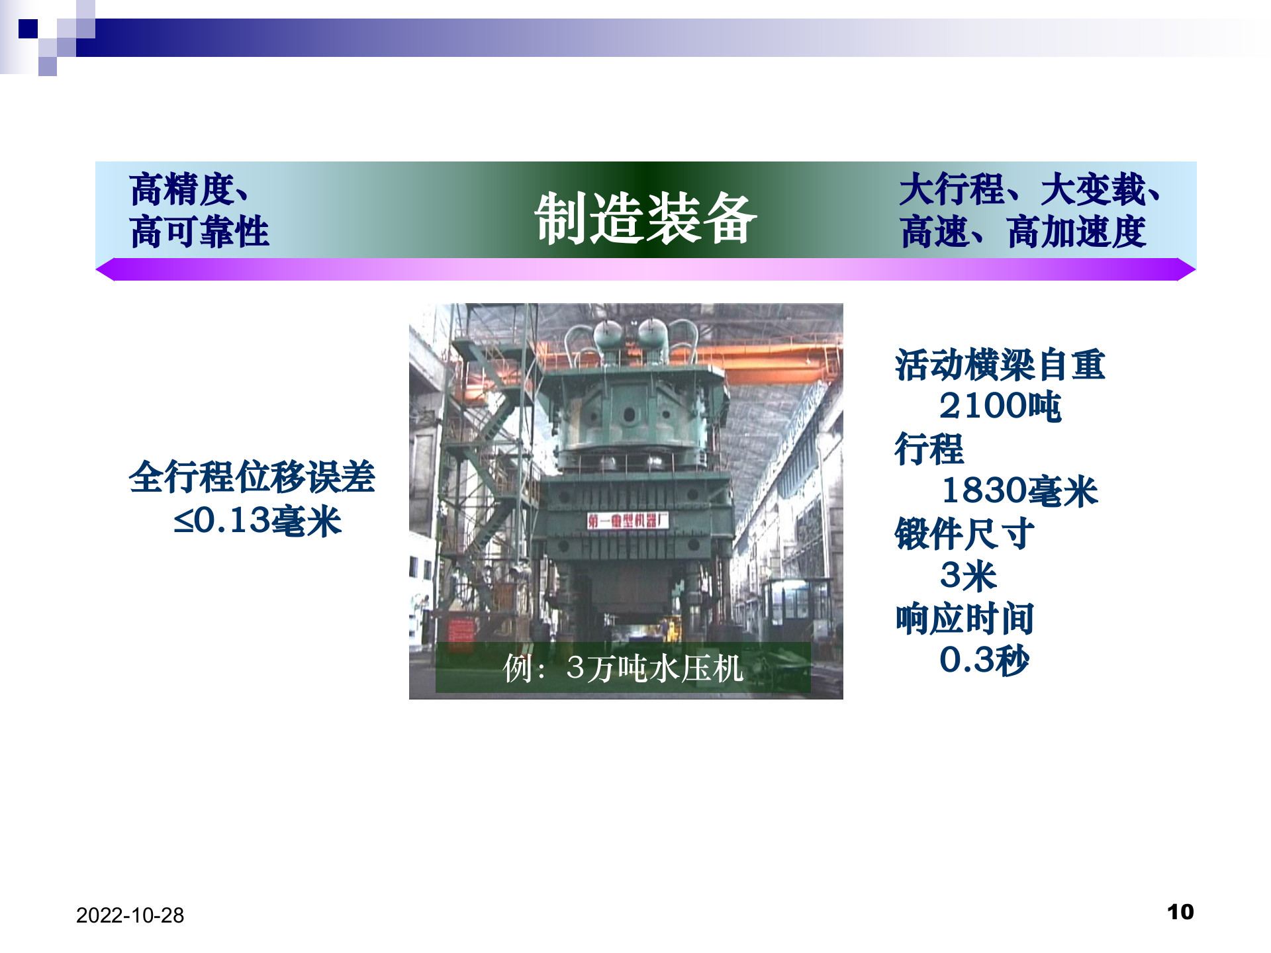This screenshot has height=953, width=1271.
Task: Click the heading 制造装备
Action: point(645,218)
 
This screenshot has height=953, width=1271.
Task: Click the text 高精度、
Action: point(189,189)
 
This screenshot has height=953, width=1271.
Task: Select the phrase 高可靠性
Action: point(199,232)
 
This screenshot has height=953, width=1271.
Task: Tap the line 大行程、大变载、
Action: point(1029,189)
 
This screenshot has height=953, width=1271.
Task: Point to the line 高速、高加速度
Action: point(1023,232)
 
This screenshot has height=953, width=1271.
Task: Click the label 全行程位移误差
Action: point(252,476)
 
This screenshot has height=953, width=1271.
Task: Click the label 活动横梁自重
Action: point(1000,365)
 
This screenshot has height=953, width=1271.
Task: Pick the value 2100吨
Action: point(1000,406)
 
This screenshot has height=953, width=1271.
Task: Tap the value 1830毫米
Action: point(1019,491)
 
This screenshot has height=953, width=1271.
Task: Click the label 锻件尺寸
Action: point(964,533)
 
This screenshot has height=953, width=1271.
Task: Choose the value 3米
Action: point(968,576)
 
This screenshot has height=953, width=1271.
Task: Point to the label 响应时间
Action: point(964,619)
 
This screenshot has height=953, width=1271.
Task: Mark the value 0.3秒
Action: point(984,660)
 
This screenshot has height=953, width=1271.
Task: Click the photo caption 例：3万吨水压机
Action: point(623,668)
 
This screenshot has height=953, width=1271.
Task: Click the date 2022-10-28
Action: point(130,915)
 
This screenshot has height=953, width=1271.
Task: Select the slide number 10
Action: point(1180,912)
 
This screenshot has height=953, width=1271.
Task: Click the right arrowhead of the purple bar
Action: point(1186,269)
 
